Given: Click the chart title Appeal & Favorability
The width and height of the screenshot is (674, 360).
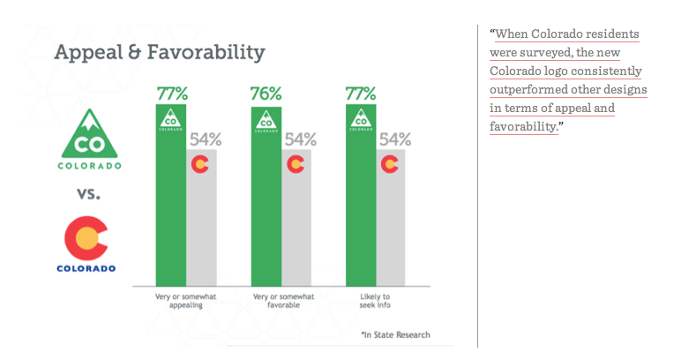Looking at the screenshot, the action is tap(160, 53).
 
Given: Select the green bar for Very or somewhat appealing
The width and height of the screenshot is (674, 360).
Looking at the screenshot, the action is tap(171, 195).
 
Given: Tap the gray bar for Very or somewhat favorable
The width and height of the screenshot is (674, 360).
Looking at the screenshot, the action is tap(296, 218).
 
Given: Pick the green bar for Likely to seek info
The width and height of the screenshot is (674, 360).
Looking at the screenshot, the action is tap(361, 195).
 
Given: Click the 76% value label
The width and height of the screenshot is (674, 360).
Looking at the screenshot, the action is tap(266, 94).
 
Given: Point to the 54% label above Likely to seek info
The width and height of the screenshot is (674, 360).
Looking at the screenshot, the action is tap(395, 139).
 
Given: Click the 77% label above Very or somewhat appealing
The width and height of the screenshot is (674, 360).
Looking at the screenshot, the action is tap(172, 94).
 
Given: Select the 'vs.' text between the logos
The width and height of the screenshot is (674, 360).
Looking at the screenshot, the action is tap(88, 194).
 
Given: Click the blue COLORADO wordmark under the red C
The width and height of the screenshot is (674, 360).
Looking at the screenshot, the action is tap(86, 268).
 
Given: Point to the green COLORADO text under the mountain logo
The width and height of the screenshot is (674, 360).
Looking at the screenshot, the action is tap(89, 166).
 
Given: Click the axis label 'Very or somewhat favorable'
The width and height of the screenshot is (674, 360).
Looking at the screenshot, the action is tap(284, 301).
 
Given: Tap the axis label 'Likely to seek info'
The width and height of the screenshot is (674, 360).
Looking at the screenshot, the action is tap(375, 301).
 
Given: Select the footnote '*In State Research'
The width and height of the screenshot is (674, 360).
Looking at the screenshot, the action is tap(395, 334).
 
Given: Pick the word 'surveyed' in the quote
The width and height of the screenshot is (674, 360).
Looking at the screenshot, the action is tap(544, 52).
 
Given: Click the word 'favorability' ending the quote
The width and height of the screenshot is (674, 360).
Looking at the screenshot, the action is tap(523, 126).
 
